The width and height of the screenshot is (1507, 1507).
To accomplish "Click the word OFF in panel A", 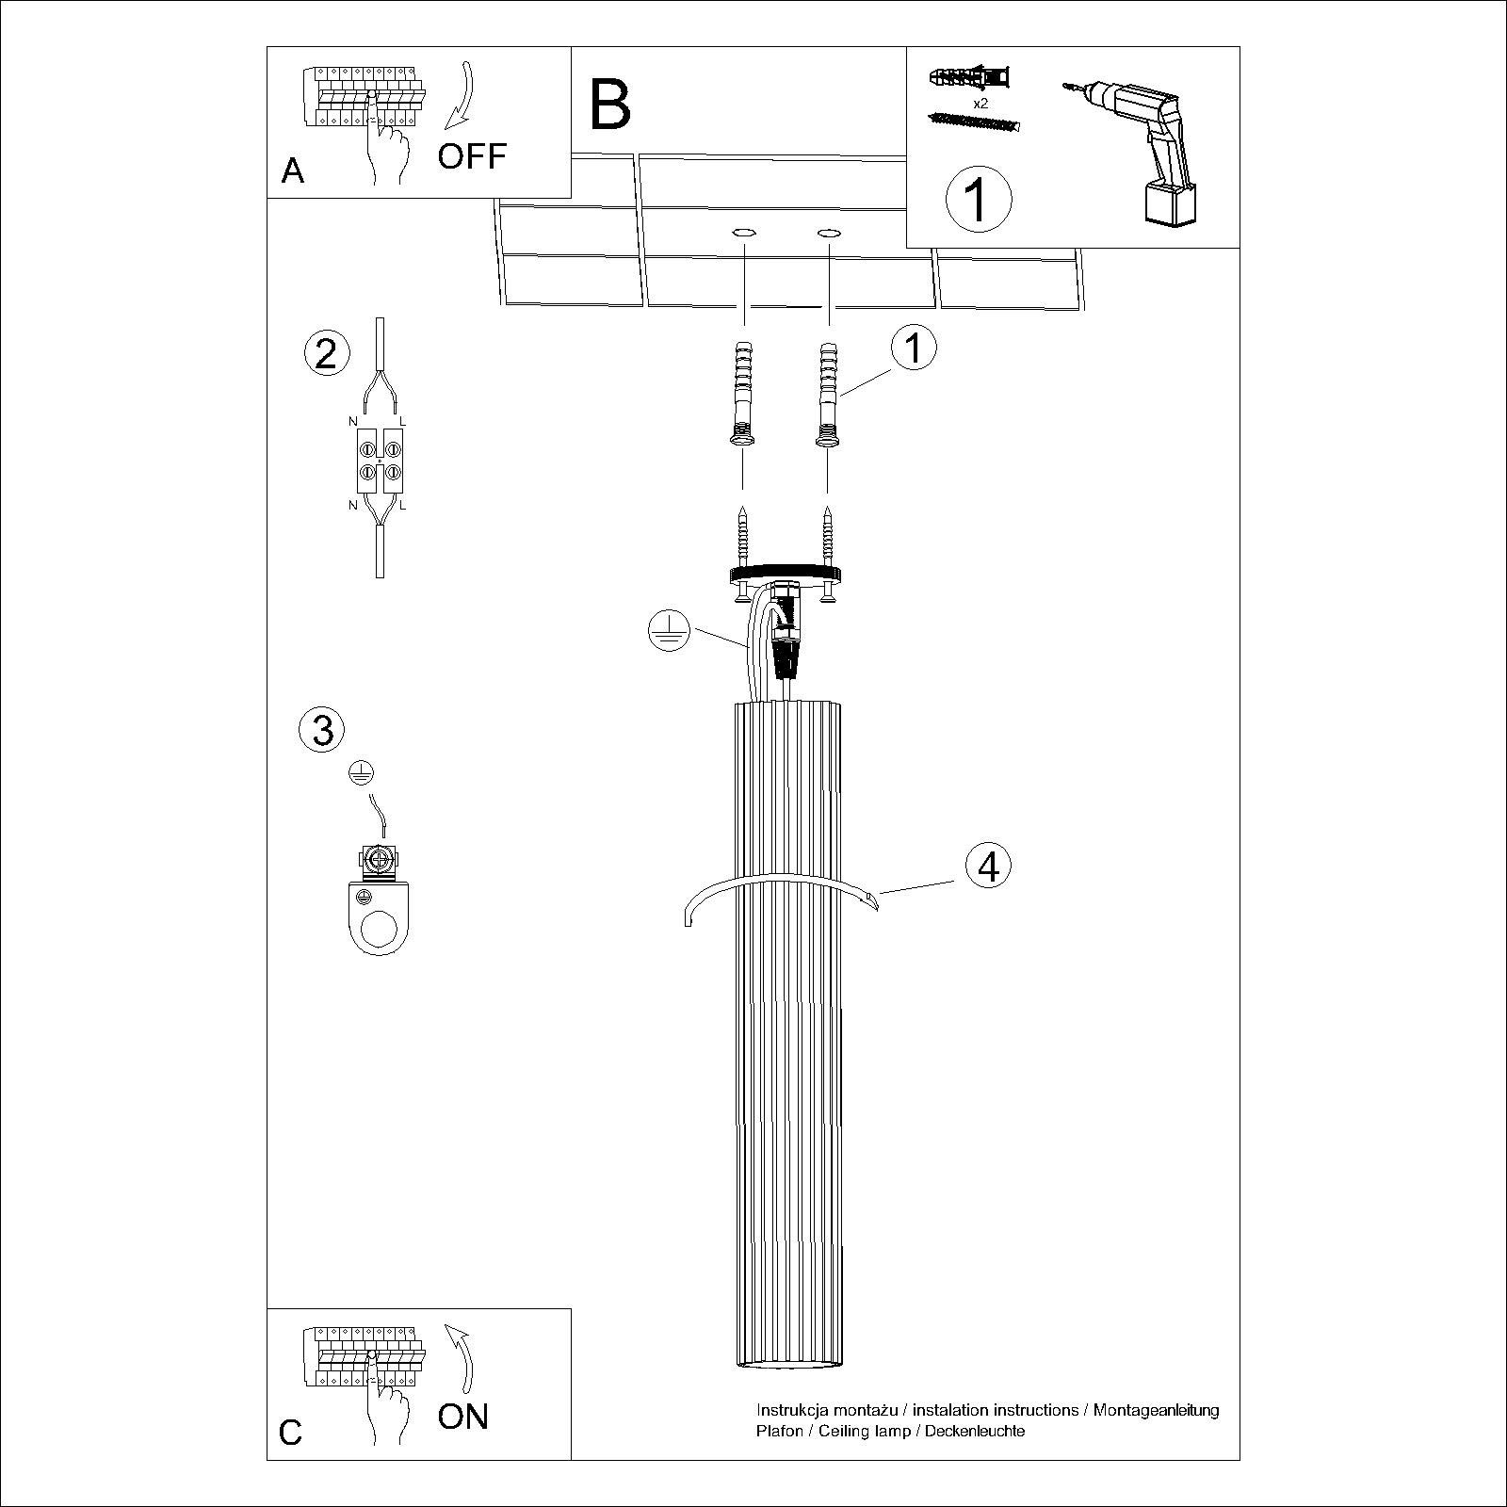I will tap(472, 156).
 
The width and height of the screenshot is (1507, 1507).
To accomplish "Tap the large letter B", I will tap(609, 105).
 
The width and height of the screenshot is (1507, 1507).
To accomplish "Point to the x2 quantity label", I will tap(980, 104).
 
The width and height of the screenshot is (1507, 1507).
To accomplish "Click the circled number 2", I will tap(327, 354).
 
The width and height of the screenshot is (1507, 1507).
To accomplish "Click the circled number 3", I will tap(322, 730).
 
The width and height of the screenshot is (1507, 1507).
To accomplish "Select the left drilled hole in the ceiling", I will tap(743, 231).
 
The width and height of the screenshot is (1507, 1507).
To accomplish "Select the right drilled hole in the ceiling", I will tap(828, 231).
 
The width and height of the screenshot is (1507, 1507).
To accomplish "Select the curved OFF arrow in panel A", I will tap(460, 97).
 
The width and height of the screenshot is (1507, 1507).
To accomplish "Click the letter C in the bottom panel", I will tap(291, 1458).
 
